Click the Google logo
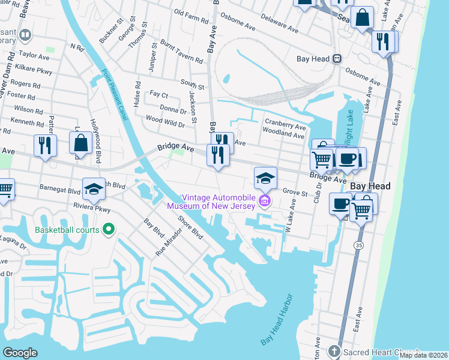[20, 352]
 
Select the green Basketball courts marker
[109, 229]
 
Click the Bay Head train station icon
[337, 59]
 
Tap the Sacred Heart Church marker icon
[334, 351]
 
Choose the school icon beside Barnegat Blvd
[94, 189]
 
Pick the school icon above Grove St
[265, 178]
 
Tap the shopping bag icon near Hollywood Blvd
[80, 143]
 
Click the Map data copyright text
[423, 355]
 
